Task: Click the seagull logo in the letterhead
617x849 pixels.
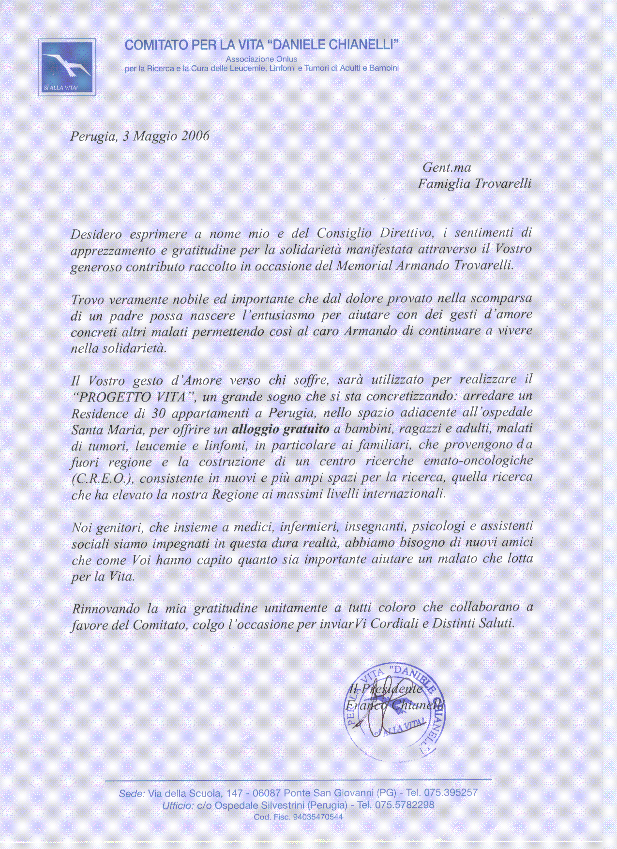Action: (67, 67)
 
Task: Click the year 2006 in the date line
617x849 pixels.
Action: (195, 136)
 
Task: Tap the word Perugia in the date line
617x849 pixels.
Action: (93, 136)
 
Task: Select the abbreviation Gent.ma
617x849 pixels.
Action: (446, 167)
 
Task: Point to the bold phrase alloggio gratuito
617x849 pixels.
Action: (281, 429)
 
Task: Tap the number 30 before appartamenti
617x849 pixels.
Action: (159, 413)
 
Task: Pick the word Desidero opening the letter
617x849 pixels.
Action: (96, 234)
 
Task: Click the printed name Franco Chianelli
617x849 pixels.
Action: (394, 705)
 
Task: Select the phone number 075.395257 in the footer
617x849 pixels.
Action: (451, 792)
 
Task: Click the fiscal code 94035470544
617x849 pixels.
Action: (318, 817)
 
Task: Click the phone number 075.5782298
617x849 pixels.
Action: (405, 804)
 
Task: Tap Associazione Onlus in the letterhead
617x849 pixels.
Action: (261, 59)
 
